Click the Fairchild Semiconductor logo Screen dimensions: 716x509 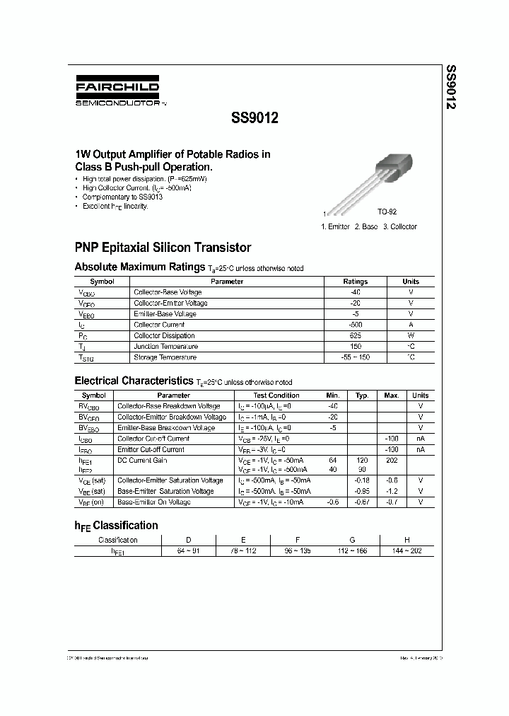(x=117, y=91)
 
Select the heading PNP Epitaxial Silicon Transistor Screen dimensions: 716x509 (x=163, y=248)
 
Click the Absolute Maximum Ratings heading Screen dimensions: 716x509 (x=140, y=267)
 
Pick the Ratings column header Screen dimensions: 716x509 (x=355, y=282)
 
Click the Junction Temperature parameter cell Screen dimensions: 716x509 (x=165, y=347)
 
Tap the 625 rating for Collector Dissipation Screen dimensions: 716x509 (x=355, y=336)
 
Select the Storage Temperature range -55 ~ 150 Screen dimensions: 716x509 (x=355, y=358)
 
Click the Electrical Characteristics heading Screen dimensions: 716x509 (x=134, y=381)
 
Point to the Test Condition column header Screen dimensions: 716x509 (x=276, y=395)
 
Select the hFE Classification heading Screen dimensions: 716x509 (x=116, y=526)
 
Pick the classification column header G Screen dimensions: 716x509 (x=352, y=540)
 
